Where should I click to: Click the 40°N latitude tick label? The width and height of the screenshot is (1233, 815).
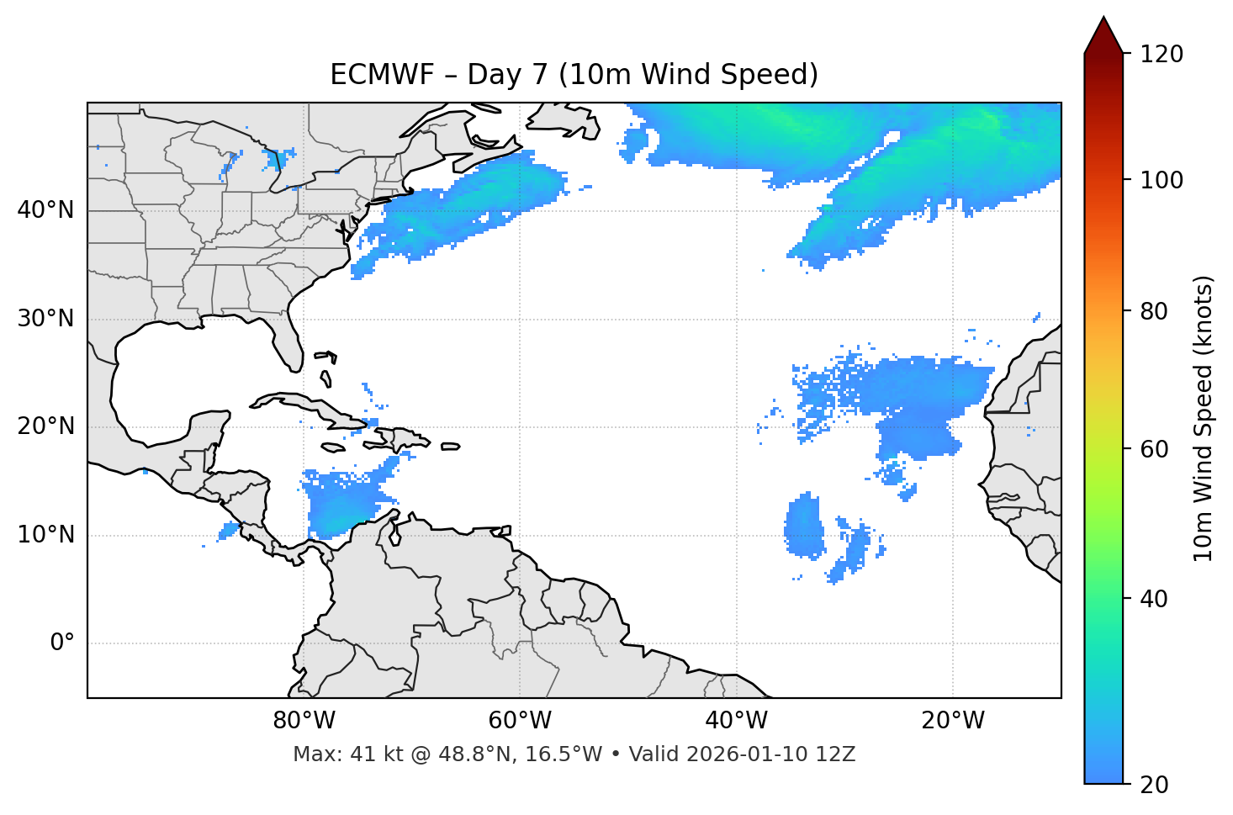[45, 210]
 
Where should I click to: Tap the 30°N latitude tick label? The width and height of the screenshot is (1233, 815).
[45, 319]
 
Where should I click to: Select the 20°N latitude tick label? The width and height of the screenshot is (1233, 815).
[45, 426]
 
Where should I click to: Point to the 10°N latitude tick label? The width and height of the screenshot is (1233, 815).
[45, 535]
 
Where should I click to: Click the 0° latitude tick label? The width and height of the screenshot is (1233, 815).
[61, 643]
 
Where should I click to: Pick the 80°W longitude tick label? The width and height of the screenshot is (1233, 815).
[304, 721]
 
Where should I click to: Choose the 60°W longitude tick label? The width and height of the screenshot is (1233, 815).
[520, 721]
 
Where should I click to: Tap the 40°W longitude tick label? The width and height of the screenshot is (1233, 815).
[737, 721]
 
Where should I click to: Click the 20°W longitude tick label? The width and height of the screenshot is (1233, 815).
[953, 721]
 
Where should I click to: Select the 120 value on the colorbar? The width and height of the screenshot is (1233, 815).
[1162, 55]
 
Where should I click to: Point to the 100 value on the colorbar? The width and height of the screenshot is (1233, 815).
[1162, 180]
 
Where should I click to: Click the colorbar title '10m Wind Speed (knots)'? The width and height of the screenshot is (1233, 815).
[1204, 418]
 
